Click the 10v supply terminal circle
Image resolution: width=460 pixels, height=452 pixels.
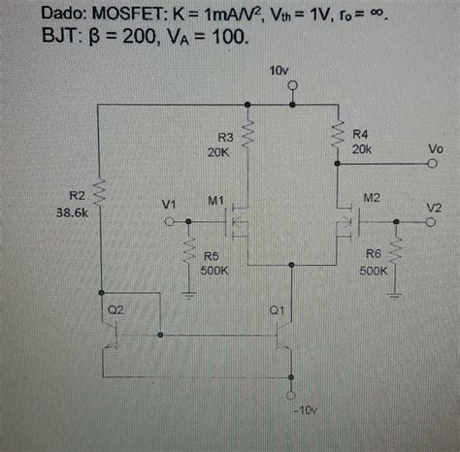point(292,85)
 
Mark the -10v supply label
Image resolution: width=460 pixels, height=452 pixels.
point(304,410)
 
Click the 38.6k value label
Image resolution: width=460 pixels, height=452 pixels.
point(74,214)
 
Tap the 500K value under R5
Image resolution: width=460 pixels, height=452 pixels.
point(214,272)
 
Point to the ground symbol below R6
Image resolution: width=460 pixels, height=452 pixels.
point(396,287)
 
